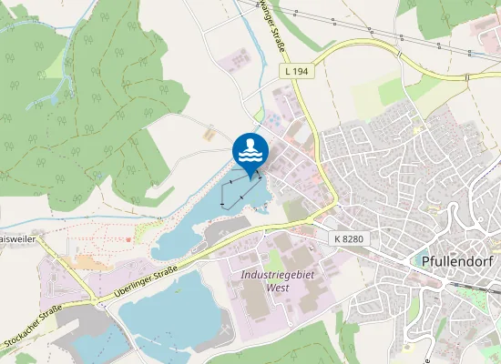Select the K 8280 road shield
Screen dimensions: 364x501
(x=346, y=238)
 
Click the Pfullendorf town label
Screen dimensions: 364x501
(x=458, y=260)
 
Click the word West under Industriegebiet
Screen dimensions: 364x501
(x=277, y=287)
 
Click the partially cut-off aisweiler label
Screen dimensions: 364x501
(x=16, y=238)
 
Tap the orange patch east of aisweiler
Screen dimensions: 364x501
(x=87, y=261)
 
